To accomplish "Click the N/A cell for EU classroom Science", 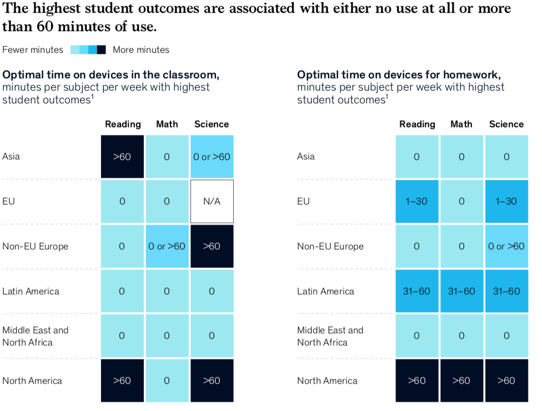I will coord(212,202).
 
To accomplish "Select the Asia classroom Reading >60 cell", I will coord(122,157).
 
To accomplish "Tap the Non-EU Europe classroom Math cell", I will coord(167,246).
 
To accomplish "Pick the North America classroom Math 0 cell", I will coord(167,380).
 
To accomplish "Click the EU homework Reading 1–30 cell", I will coord(417,202).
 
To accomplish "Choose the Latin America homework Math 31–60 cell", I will coord(461,291).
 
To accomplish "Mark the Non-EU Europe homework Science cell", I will coord(506,246).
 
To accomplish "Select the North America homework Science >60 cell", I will coord(506,380).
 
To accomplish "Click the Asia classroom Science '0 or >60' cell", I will coord(212,157).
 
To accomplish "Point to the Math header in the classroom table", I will coord(167,124).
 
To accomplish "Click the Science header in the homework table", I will coord(506,124).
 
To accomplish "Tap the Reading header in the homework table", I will coord(417,124).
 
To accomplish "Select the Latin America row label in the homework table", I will coord(325,291).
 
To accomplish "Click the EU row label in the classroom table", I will coord(8,202).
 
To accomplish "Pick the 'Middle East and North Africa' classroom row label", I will coord(35,336).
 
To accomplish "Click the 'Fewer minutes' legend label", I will coord(33,50).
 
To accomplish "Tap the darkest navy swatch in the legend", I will coord(102,50).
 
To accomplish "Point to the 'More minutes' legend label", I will coord(141,50).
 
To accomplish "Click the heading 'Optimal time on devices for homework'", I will coord(399,75).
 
